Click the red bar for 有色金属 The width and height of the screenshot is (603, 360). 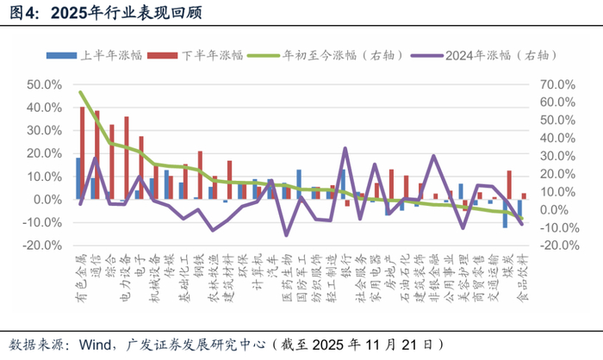point(83,153)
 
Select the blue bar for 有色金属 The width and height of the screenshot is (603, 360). point(78,178)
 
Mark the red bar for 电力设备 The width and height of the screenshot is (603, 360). point(127,158)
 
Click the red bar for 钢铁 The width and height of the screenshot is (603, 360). point(200,175)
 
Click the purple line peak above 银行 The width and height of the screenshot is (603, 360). point(345,148)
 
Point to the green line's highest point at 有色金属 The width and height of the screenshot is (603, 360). point(80,92)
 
